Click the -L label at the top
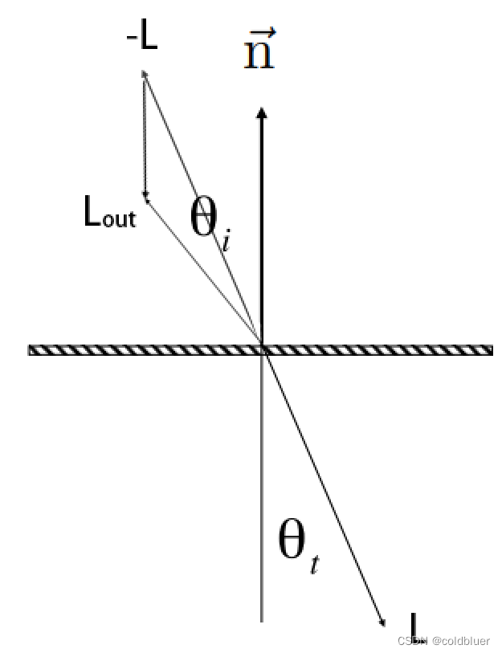pos(142,38)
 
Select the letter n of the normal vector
pos(259,57)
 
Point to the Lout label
pos(110,213)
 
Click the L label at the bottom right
pos(414,626)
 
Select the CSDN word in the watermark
pos(411,641)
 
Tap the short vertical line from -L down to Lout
pos(145,137)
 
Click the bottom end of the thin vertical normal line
pos(262,620)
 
